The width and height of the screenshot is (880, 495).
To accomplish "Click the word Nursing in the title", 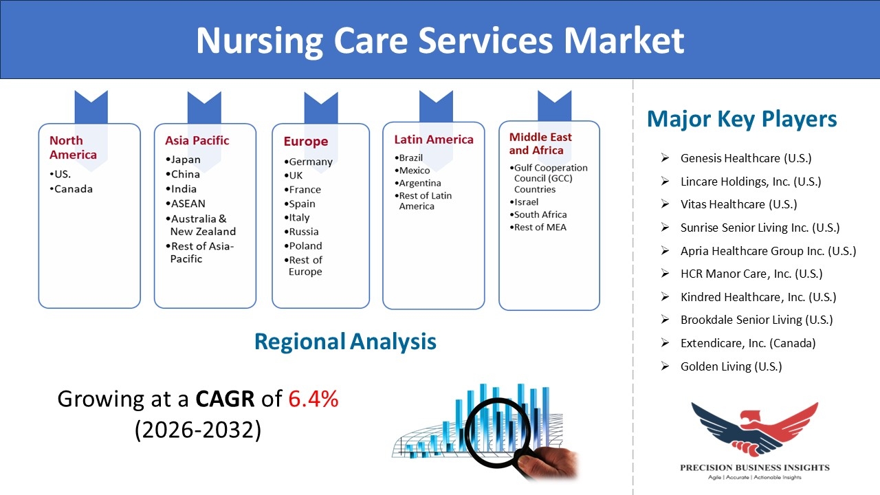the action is [259, 41].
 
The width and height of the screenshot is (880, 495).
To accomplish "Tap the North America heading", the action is [73, 147].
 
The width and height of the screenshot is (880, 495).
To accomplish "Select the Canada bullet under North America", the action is [74, 189].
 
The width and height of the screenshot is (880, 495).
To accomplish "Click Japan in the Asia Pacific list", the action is [186, 160].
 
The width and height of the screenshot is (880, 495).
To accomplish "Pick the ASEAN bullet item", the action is [188, 203].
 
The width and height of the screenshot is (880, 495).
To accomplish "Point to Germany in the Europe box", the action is [310, 162].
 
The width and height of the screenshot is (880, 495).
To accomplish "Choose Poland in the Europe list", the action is [305, 246].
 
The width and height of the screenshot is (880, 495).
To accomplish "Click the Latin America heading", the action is [434, 140].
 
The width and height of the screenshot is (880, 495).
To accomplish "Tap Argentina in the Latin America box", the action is [420, 183].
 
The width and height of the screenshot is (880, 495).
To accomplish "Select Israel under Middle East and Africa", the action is [526, 202].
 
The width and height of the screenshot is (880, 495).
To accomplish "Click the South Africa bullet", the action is [540, 214].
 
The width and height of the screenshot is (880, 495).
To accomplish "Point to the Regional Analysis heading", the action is [345, 342].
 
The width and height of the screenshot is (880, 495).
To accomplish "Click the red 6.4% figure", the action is [313, 399].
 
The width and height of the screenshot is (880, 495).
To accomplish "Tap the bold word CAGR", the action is [225, 399].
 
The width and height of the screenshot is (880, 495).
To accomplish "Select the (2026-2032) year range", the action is [198, 430].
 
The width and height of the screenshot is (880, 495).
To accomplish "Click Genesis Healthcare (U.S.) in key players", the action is [746, 158].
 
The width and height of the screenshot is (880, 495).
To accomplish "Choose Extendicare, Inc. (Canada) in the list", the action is [748, 343].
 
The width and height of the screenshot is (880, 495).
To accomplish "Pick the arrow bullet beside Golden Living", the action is [665, 366].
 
